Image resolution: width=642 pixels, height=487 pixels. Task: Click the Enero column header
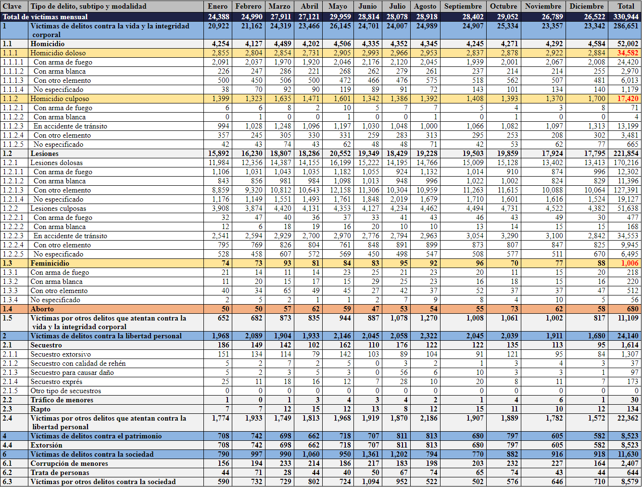point(217,6)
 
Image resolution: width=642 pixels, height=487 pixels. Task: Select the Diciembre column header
point(586,6)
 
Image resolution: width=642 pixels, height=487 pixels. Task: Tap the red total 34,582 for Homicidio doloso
point(628,53)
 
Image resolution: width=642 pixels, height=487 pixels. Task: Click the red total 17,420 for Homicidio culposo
point(628,99)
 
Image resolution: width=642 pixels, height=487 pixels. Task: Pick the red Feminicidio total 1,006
point(629,263)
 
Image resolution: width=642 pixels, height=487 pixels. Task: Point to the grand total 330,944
point(626,16)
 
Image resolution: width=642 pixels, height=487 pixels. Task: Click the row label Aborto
point(42,309)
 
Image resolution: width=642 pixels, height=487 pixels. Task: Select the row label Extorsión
point(46,445)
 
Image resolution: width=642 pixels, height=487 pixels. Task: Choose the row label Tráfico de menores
point(62,400)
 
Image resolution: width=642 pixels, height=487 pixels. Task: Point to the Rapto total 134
point(632,409)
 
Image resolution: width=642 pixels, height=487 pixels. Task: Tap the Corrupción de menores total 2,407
point(629,463)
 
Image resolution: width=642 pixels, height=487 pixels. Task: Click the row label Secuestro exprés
point(56,382)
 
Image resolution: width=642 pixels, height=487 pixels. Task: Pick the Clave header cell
point(13,6)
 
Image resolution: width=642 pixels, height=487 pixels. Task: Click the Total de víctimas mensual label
point(45,16)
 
